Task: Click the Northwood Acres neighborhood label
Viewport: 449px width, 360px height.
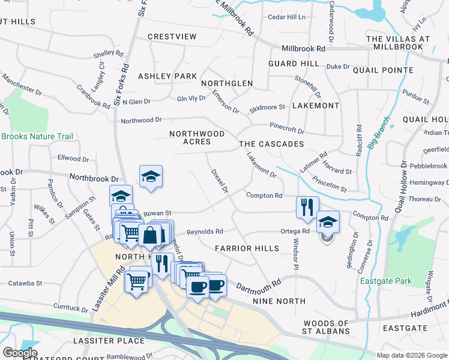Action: [197, 137]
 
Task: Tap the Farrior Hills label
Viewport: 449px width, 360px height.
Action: [247, 248]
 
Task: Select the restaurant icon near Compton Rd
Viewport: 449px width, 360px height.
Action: [307, 208]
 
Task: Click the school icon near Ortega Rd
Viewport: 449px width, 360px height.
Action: [328, 223]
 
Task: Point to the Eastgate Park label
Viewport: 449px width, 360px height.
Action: [394, 281]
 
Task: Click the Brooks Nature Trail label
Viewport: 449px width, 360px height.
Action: [37, 137]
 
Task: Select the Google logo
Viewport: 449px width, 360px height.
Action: [19, 353]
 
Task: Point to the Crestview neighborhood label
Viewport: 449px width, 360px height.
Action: [172, 37]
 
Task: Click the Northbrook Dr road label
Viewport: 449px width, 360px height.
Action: [94, 178]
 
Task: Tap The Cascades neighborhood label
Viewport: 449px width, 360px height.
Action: [271, 145]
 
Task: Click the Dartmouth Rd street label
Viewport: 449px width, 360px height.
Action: [259, 284]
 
